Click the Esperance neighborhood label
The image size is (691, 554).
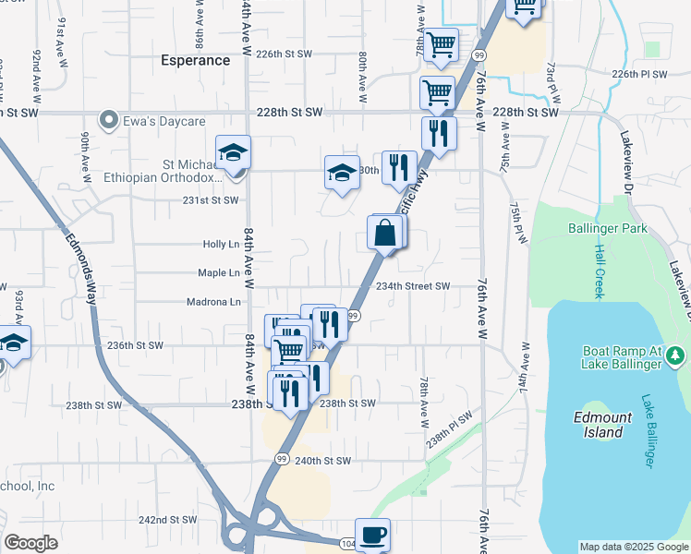(195, 60)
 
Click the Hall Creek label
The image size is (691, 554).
(600, 271)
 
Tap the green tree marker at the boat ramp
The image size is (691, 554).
(676, 355)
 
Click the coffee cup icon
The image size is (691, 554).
(372, 535)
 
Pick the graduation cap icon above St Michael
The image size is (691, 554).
(234, 152)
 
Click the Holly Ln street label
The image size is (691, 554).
(221, 245)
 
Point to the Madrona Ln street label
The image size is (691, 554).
(221, 301)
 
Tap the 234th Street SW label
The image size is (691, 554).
(412, 286)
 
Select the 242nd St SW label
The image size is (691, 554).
(167, 520)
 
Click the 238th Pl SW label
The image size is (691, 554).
(449, 429)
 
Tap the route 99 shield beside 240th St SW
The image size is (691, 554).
(283, 459)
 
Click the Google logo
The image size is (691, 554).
(30, 543)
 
